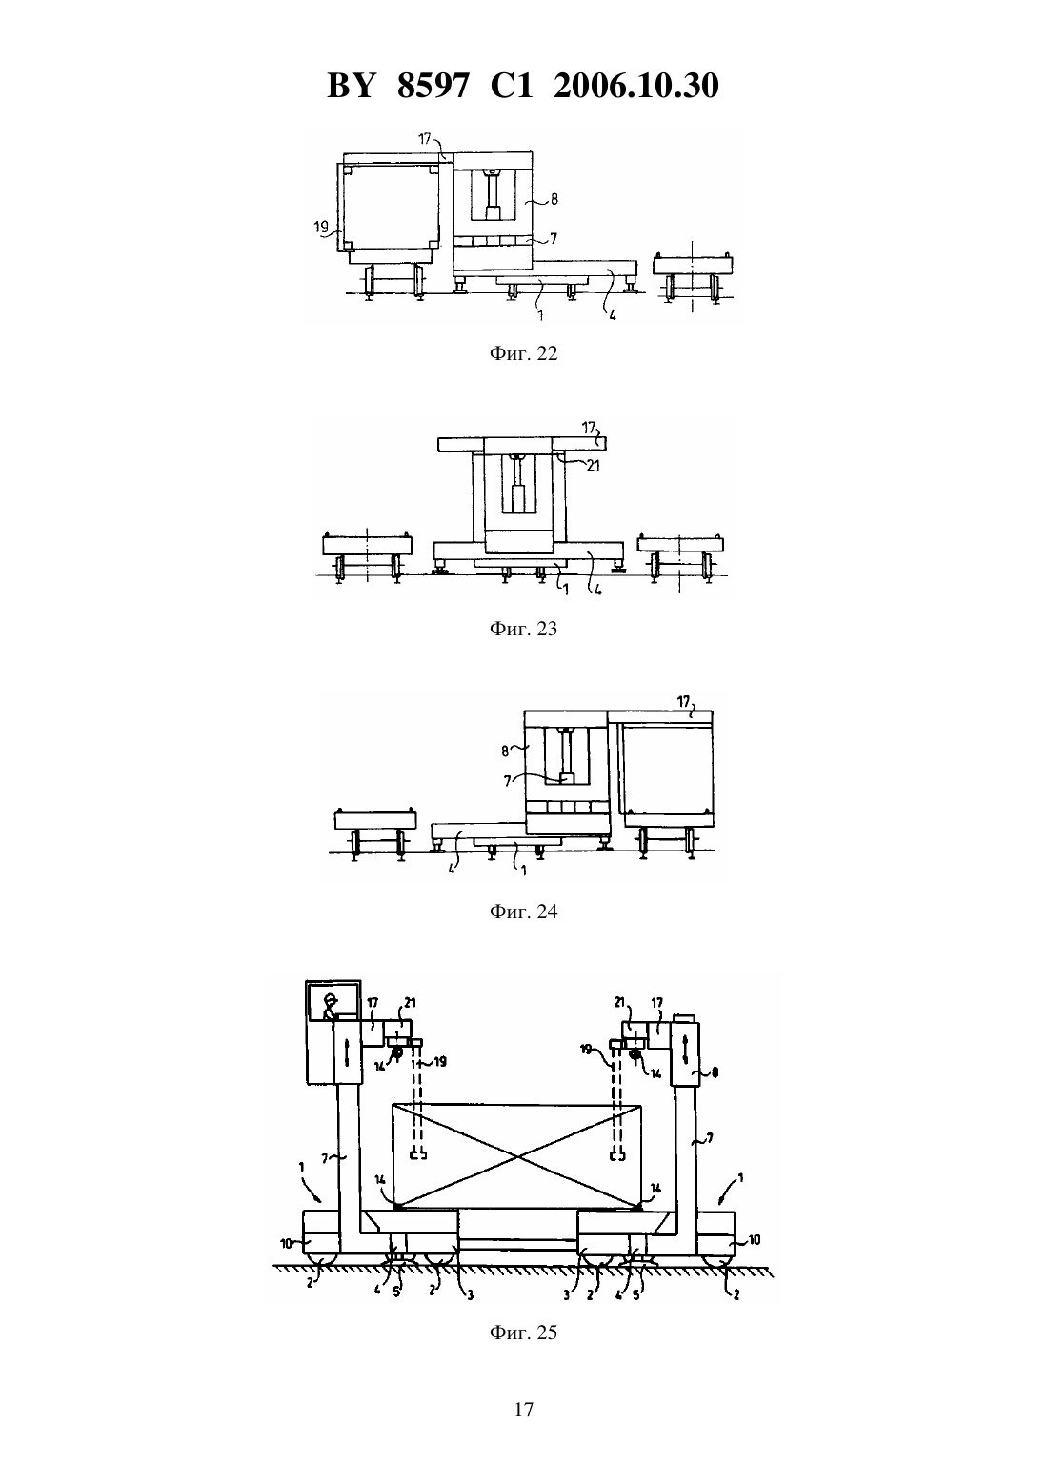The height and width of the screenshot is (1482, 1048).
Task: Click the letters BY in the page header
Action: pos(352,86)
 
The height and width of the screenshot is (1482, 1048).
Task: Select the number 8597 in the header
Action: pos(433,86)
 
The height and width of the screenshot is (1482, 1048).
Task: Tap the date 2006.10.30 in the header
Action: pos(635,86)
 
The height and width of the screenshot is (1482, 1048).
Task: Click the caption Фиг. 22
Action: pos(523,354)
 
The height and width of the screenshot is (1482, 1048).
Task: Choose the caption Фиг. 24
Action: pos(523,911)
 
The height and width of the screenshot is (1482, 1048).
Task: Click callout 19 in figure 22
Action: pos(321,228)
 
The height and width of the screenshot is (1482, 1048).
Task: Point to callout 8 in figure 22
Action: pos(554,198)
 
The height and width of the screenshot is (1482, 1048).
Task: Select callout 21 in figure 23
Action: pos(593,466)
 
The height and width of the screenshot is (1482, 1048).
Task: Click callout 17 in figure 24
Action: pos(683,701)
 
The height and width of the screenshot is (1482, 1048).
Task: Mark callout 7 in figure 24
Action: pos(508,781)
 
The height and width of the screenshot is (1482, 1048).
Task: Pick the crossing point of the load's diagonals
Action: pos(516,1157)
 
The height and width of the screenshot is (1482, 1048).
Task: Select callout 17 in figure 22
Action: pos(424,139)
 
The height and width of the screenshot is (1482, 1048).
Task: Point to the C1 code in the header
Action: pos(512,86)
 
